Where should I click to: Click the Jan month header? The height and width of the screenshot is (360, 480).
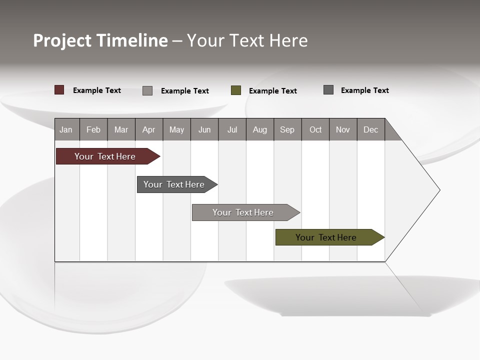pos(66,129)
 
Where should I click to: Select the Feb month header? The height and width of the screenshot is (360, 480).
pos(93,129)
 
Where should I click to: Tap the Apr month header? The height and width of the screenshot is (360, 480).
pos(148,129)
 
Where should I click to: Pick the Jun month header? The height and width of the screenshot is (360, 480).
pos(204,129)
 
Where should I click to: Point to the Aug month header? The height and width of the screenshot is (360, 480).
pos(259,129)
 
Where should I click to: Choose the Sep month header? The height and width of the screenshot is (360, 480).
pos(287,129)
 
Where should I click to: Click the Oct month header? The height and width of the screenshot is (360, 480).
pos(315,129)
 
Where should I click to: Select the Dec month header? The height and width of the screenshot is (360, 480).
pos(370,129)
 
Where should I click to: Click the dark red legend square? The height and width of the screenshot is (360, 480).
pos(59,90)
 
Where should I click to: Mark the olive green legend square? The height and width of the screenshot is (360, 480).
pos(236,90)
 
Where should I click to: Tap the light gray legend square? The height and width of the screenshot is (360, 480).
pos(147,90)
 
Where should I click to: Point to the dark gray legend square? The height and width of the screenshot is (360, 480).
pos(328,90)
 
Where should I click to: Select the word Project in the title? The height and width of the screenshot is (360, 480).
pos(62,40)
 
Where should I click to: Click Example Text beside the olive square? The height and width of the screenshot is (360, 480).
pos(273,91)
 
